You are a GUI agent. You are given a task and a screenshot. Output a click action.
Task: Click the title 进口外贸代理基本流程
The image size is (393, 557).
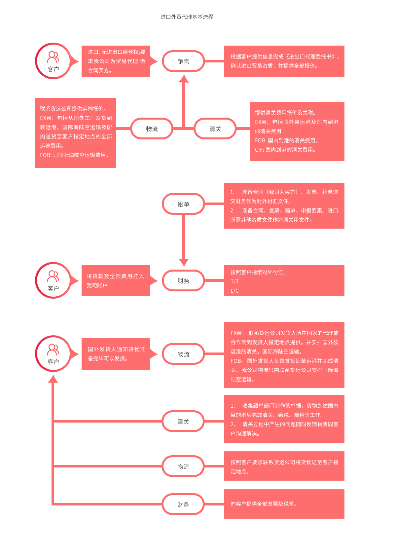coord(187,17)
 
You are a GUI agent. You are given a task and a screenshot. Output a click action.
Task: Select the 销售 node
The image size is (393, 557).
coord(183,61)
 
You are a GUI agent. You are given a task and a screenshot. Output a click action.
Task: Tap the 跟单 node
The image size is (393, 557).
coord(183,204)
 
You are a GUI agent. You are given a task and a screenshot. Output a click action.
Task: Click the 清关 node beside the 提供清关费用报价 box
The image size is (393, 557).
coord(215,129)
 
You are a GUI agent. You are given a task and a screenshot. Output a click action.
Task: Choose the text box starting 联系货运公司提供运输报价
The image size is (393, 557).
coord(75,133)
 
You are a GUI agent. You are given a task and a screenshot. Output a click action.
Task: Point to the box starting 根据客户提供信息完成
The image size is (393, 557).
coord(284,61)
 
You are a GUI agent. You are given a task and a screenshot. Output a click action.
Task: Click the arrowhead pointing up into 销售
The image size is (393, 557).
coord(184,79)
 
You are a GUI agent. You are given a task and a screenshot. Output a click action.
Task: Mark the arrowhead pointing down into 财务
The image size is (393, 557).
coord(184,262)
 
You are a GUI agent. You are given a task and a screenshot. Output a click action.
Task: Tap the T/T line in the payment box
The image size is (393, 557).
coord(234,282)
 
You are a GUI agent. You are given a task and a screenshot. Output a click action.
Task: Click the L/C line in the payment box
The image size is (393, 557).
coord(234,291)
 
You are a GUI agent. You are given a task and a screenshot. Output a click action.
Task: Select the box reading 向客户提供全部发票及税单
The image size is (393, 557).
coord(284,504)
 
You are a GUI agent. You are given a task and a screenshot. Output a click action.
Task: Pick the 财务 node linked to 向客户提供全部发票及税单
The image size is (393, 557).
coord(183,504)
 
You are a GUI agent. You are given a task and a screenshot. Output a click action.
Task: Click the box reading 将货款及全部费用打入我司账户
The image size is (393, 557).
coord(116,281)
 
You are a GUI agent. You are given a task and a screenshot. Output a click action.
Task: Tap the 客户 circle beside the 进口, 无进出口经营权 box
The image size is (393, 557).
coord(53,61)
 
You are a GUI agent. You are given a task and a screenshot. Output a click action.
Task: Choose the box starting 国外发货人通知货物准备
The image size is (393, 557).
coord(116,354)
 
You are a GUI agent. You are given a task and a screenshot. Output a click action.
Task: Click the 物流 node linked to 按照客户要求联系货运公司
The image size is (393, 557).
coord(183,466)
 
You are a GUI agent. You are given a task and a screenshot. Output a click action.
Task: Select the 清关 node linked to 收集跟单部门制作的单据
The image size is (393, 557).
coord(183,422)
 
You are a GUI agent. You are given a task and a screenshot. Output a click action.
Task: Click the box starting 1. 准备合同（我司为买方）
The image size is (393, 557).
coord(284,205)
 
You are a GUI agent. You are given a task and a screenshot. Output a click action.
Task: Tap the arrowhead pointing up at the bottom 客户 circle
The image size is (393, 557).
coord(53,379)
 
